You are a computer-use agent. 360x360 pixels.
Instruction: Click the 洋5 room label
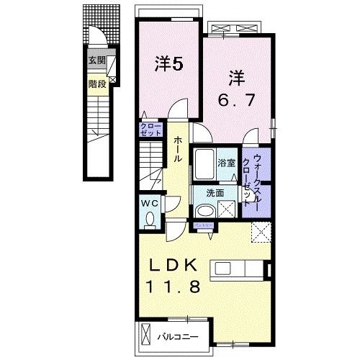pyautogui.click(x=170, y=64)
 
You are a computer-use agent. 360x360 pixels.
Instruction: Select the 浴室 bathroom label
pyautogui.click(x=228, y=163)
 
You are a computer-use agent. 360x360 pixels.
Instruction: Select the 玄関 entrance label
pyautogui.click(x=96, y=61)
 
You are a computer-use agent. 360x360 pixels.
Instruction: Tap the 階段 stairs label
pyautogui.click(x=96, y=83)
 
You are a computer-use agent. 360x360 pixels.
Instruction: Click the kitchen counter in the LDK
pyautogui.click(x=237, y=269)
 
